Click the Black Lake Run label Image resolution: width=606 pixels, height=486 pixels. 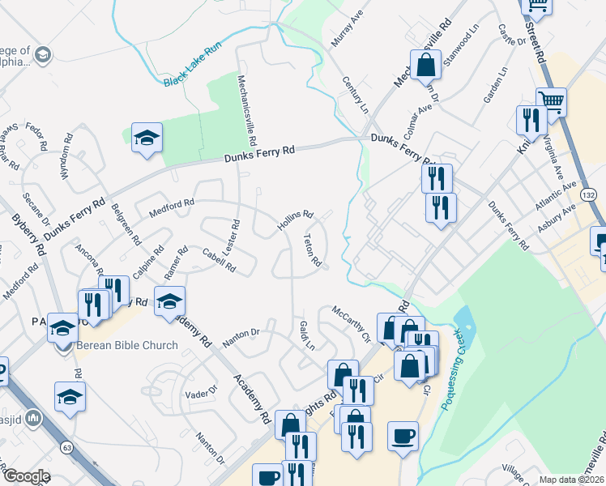(x=192, y=66)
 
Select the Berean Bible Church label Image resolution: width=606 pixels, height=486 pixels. (x=127, y=346)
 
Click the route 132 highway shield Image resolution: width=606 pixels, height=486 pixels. (x=589, y=197)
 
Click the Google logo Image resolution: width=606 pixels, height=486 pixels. (x=26, y=476)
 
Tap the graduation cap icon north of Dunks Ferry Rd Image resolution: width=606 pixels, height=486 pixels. (x=147, y=139)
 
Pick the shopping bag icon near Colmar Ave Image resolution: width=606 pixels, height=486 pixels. (x=425, y=65)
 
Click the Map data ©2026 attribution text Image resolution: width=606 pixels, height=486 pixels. (x=571, y=480)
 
